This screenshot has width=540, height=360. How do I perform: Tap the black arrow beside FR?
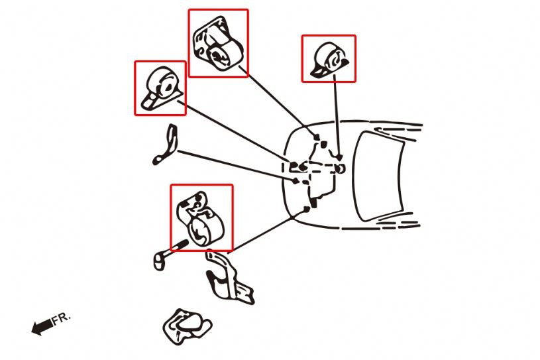pos(42,327)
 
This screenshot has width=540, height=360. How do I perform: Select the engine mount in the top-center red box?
pos(217,44)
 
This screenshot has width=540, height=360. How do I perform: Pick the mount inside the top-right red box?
pos(329,60)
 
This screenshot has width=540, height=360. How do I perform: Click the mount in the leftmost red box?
pos(161,88)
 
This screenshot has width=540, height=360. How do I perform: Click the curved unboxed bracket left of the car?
pos(166,145)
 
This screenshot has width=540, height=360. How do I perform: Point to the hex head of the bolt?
pos(159,262)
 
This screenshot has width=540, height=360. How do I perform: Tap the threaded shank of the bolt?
pos(178,247)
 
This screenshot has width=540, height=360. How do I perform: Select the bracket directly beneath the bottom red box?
pos(228,278)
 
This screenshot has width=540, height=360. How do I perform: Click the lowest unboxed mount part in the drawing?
pos(186,326)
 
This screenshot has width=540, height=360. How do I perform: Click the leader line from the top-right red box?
pos(337,117)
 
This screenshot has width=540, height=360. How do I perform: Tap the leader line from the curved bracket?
pos(238,166)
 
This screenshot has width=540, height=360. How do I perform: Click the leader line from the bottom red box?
pos(268,230)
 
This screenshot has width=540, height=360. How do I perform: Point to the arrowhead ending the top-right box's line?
pos(339,157)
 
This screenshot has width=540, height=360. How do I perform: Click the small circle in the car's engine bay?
pos(341,168)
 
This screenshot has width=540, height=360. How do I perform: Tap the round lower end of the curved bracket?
pos(157,160)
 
